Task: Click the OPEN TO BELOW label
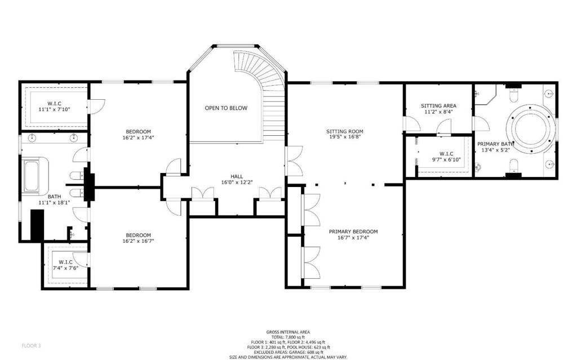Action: coord(225,108)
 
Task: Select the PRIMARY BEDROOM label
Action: coord(353,232)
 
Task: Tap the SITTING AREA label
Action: coord(438,105)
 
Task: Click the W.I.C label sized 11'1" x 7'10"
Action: coord(54,103)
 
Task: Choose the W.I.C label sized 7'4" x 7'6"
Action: coord(65,262)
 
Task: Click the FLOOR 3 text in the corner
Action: coord(32,345)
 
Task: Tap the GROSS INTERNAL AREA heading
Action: coord(288,332)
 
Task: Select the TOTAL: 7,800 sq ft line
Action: coord(288,337)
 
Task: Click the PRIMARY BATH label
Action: coord(493,144)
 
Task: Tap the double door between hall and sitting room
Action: coord(293,161)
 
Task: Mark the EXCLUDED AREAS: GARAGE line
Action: coord(288,352)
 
